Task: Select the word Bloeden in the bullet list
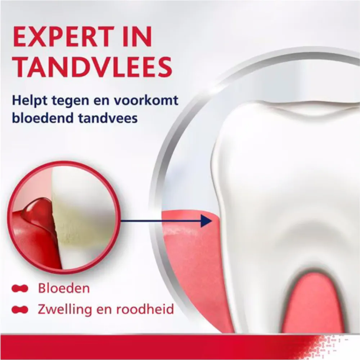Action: click(x=64, y=288)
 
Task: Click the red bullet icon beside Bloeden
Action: click(x=20, y=289)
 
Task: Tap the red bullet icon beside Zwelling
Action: click(x=20, y=309)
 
